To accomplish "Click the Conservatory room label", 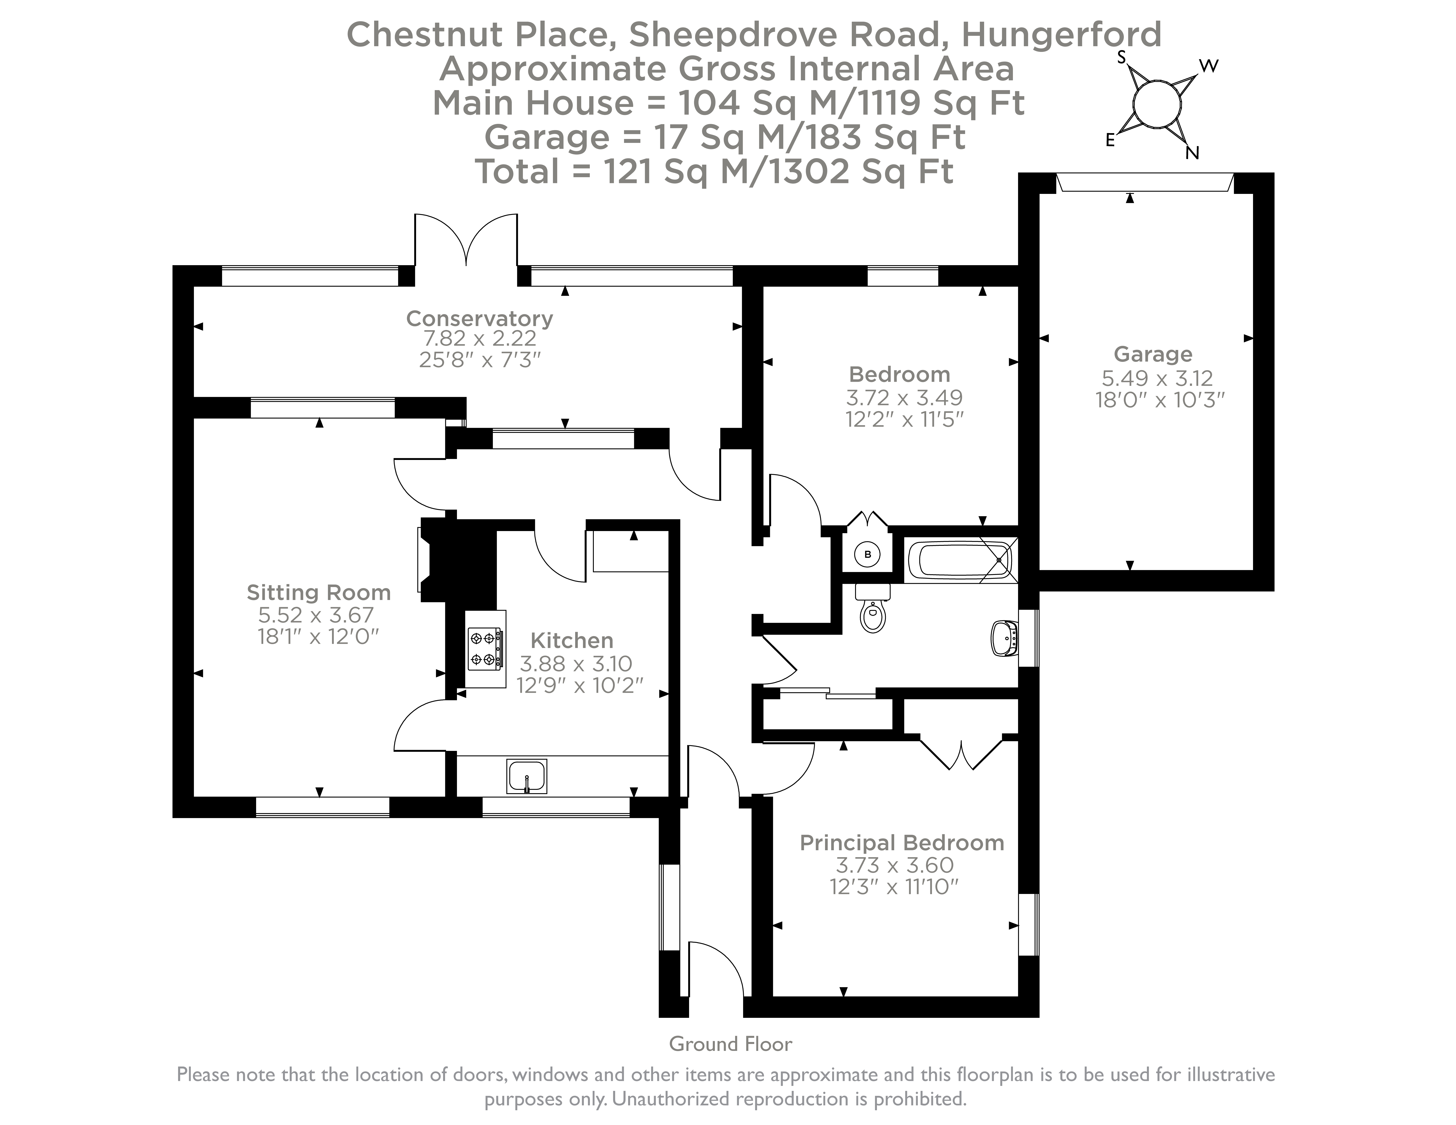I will [x=479, y=318].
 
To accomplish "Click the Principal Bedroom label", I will [x=901, y=842].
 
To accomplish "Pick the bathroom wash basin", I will [x=1005, y=638].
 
